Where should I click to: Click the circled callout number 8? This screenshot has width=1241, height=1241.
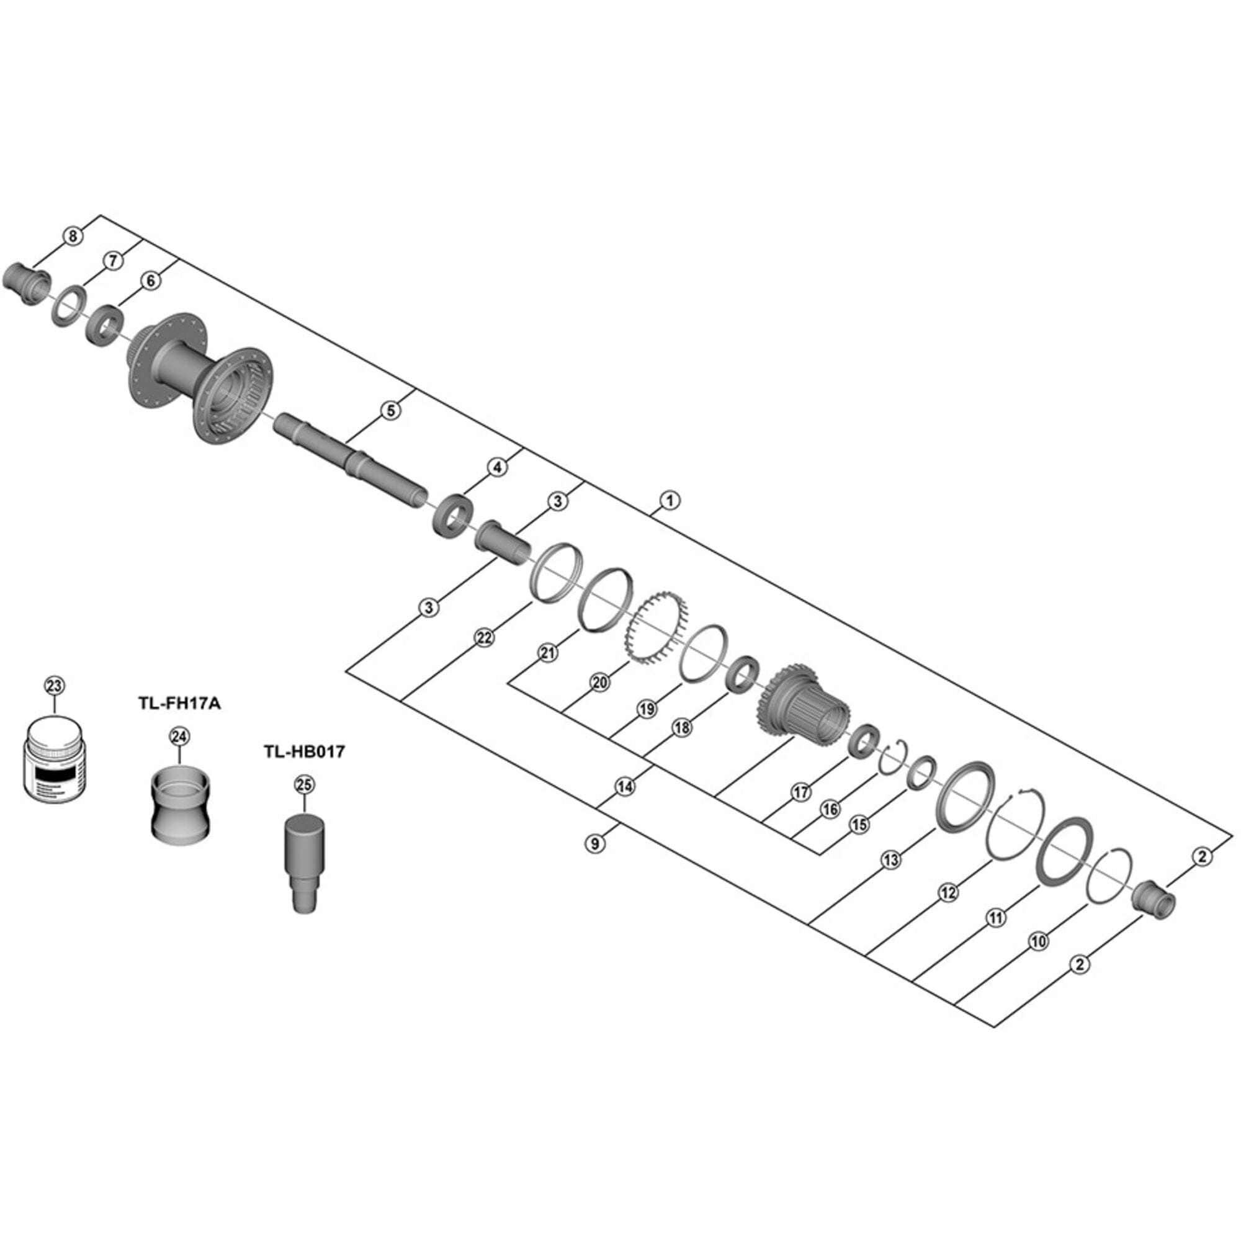pos(73,236)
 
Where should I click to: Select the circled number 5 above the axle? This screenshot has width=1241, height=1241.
pos(390,410)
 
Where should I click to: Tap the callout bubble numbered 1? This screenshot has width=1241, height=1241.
pos(670,500)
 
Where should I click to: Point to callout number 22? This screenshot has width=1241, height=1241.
pos(485,638)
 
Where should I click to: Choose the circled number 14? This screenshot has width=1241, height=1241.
pos(625,786)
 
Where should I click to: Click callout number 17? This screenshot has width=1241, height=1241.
pos(800,792)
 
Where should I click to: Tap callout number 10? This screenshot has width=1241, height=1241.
pos(1038,942)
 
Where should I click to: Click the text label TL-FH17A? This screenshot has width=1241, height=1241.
pos(179,704)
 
